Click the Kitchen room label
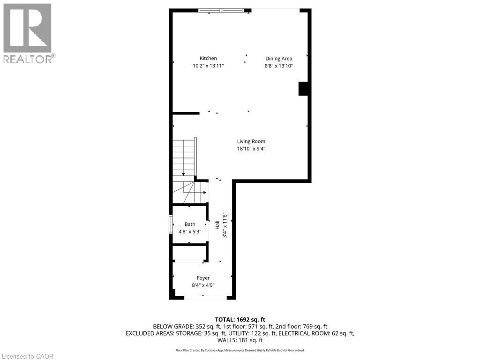click(208, 59)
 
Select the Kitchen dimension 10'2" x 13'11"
click(208, 66)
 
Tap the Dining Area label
click(279, 59)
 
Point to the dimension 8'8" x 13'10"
click(279, 66)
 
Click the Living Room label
click(251, 141)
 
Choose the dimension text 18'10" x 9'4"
click(251, 149)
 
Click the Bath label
click(189, 224)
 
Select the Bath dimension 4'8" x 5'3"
click(189, 232)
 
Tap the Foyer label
click(203, 278)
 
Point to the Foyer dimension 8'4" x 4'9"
click(203, 285)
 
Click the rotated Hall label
click(217, 225)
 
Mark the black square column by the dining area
click(303, 89)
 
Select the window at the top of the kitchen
click(221, 10)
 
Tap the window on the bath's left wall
click(171, 225)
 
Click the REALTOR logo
click(28, 33)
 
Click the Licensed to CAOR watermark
click(27, 356)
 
